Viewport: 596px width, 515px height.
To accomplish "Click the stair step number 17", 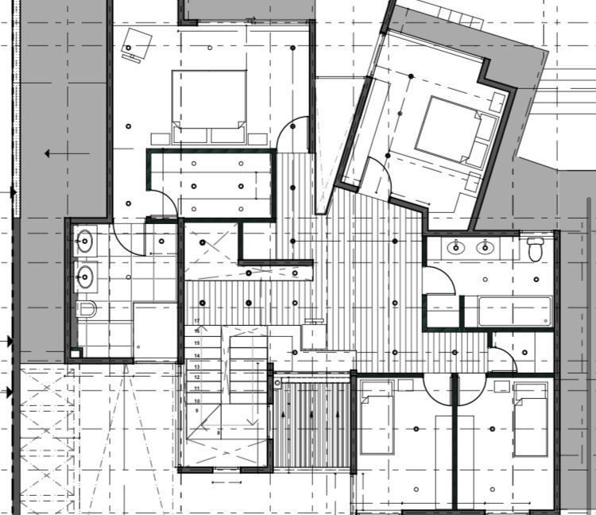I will click(x=196, y=320).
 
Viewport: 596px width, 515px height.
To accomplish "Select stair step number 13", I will click(x=196, y=366).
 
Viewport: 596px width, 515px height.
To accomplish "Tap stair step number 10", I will click(x=196, y=401).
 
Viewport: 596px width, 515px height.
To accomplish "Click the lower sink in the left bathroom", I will click(x=85, y=277).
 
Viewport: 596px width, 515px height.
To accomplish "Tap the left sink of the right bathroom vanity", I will click(x=455, y=247).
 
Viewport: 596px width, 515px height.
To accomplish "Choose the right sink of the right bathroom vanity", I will click(x=483, y=247).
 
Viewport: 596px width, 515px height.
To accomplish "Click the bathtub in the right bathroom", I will click(x=513, y=311).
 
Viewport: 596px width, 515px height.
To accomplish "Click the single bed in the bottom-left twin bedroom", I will click(x=377, y=417).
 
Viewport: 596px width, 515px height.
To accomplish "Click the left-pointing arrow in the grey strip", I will click(x=56, y=153).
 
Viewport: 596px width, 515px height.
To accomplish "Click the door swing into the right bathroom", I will click(x=436, y=281).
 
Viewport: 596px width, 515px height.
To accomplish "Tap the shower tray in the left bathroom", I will click(x=153, y=330).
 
